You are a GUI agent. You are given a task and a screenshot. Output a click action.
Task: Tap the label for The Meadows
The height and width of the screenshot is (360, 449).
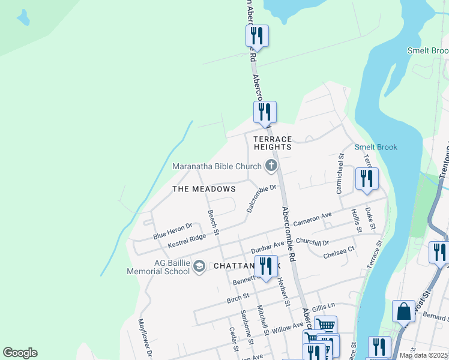[x=204, y=189]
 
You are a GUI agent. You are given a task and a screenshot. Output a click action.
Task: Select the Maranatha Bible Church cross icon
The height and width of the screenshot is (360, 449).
[x=271, y=166]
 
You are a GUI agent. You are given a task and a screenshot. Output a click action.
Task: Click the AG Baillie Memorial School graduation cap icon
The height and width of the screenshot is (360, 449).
[x=199, y=267]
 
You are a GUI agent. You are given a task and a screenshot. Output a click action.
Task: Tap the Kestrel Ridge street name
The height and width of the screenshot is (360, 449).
[x=187, y=241]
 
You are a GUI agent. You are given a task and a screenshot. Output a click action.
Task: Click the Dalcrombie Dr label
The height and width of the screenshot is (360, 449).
[x=261, y=199]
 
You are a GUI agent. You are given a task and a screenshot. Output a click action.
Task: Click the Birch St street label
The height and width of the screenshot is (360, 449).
[x=238, y=296]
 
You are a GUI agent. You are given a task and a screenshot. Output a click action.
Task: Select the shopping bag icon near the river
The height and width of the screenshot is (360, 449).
[x=403, y=311]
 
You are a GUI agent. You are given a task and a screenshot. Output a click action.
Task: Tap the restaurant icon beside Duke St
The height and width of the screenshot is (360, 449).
[x=367, y=178]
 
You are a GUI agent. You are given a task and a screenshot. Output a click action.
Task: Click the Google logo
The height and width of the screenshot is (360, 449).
[x=20, y=353]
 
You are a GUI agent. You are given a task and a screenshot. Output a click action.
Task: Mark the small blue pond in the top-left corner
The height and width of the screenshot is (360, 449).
[x=23, y=18]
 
